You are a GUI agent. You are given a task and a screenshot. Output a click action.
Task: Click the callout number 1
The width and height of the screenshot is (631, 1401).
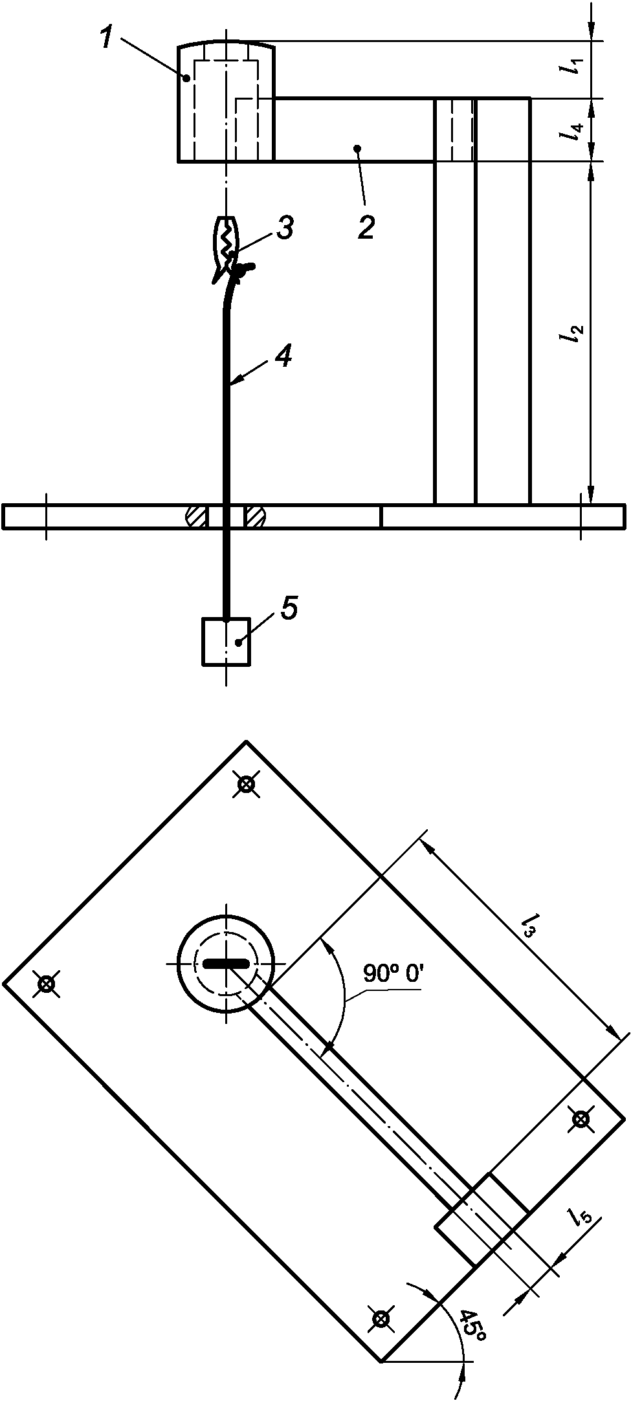click(x=107, y=37)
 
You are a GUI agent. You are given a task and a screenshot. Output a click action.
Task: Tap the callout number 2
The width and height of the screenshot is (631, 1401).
click(x=366, y=228)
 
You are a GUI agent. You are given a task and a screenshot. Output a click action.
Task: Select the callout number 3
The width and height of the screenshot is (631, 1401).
click(x=285, y=228)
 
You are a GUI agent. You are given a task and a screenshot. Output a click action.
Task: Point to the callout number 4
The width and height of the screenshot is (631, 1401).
click(x=283, y=355)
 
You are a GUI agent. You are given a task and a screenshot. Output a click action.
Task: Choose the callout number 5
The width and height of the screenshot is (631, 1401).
click(x=289, y=608)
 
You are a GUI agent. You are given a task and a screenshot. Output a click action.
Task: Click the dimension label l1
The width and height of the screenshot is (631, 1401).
click(x=573, y=67)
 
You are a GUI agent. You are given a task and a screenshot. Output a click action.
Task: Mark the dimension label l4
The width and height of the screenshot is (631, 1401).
click(x=573, y=131)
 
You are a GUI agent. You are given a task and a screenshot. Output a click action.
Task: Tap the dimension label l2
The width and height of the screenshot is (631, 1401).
click(x=573, y=333)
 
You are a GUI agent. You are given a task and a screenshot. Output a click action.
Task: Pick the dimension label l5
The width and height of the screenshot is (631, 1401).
click(x=580, y=1217)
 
